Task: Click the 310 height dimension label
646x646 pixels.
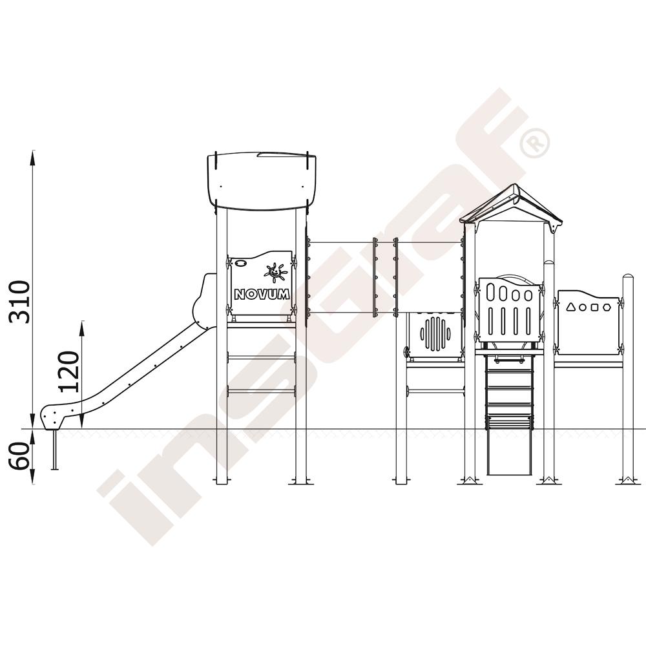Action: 20,302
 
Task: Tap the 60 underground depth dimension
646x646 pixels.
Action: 19,455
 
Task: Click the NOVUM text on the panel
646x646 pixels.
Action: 262,294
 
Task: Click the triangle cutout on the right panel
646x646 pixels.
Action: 570,306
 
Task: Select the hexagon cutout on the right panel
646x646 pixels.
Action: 607,307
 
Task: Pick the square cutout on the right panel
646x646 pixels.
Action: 594,307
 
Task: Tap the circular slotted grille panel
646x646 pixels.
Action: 434,333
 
